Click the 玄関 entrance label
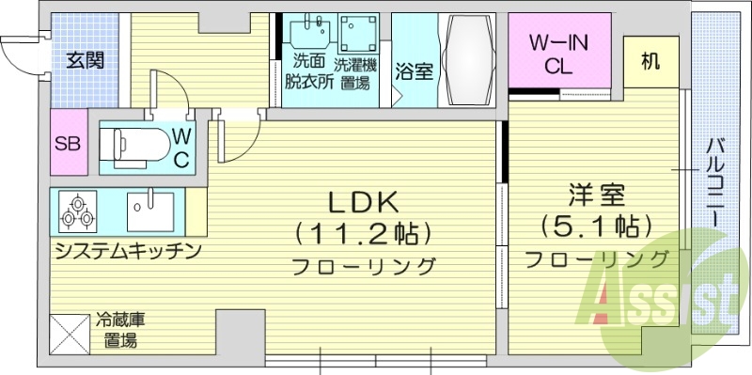pyautogui.click(x=85, y=61)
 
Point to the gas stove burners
pyautogui.click(x=77, y=211)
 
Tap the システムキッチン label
pyautogui.click(x=128, y=251)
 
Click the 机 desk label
pyautogui.click(x=650, y=61)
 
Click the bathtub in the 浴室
pyautogui.click(x=469, y=62)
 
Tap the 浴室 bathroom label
pyautogui.click(x=414, y=72)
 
